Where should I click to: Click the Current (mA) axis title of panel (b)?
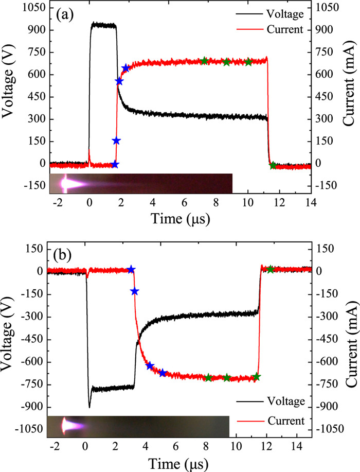coord(352,342)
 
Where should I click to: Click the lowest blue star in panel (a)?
coord(115,165)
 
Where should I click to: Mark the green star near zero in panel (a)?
coord(273,165)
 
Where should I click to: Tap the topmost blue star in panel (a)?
coord(125,68)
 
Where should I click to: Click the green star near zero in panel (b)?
coord(271,269)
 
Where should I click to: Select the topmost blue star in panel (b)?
coord(131,269)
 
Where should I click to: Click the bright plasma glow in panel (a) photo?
coord(67,183)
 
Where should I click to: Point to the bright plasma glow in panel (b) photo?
coord(66,425)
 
